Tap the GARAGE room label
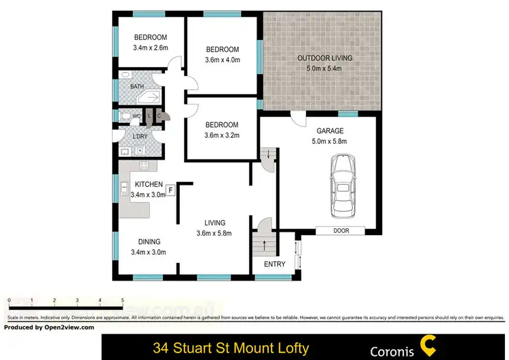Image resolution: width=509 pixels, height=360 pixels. [330, 131]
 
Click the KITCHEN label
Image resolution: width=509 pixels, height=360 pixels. [149, 184]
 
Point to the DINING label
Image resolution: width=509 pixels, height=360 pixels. [149, 242]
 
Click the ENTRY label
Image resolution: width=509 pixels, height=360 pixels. [275, 264]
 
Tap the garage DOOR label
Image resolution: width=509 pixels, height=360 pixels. [341, 231]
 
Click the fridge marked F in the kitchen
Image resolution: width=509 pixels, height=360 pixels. [170, 189]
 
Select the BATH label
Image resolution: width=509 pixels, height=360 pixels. [137, 87]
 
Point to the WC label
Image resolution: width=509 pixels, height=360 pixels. [136, 115]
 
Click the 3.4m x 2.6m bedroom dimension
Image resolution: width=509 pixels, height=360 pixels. [150, 48]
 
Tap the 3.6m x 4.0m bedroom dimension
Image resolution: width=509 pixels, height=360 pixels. [223, 60]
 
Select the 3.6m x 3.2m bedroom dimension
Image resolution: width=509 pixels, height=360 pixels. [223, 135]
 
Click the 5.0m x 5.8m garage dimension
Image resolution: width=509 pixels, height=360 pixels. [330, 142]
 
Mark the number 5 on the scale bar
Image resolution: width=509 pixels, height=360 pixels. [122, 300]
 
